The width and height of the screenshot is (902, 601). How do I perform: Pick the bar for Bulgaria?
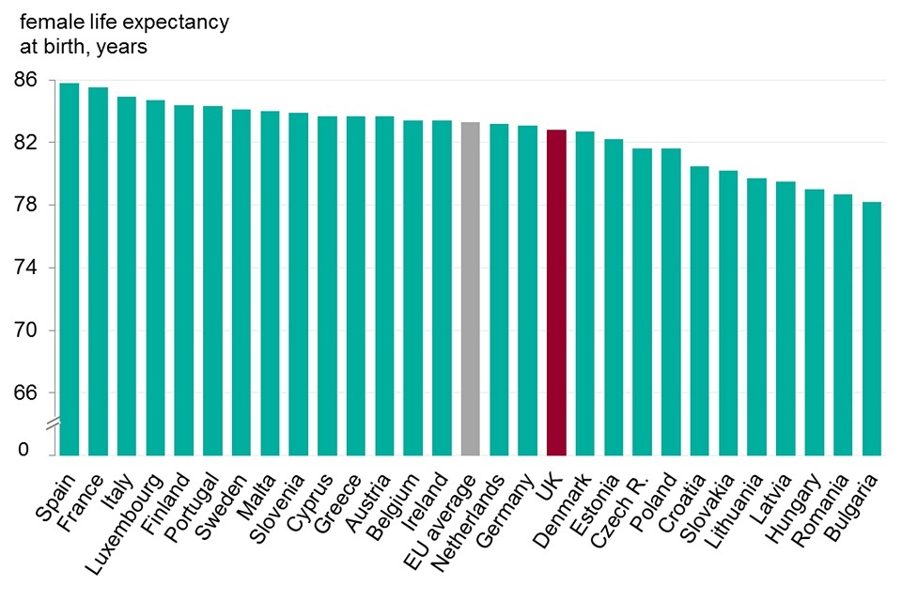tap(872, 329)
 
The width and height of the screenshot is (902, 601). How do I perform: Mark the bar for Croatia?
tap(700, 311)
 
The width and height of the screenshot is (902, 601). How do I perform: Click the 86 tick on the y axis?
tap(27, 80)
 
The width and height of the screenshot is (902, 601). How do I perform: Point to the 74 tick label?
tap(27, 268)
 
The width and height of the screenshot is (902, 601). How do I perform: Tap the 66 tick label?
tap(27, 393)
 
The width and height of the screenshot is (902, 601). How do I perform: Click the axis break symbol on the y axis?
tap(54, 424)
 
